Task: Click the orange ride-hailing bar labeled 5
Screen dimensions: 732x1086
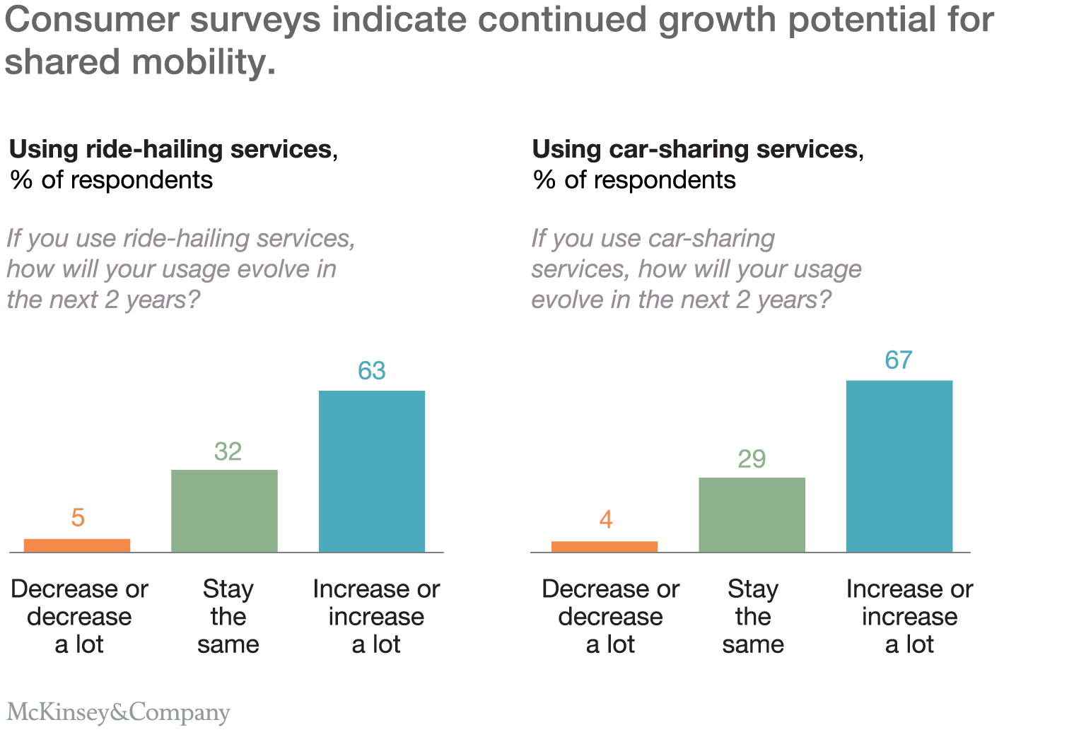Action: pyautogui.click(x=77, y=545)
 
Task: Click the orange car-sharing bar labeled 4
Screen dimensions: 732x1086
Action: pyautogui.click(x=605, y=546)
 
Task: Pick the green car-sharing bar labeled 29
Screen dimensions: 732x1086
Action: pyautogui.click(x=752, y=514)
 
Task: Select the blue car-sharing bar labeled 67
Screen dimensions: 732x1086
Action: pyautogui.click(x=899, y=466)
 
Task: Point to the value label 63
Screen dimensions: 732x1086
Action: pyautogui.click(x=372, y=371)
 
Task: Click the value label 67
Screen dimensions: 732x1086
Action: pyautogui.click(x=899, y=360)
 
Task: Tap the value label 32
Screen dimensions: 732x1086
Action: pyautogui.click(x=228, y=451)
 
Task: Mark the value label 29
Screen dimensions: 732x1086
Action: pyautogui.click(x=752, y=459)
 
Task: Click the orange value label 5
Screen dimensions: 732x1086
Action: pyautogui.click(x=78, y=518)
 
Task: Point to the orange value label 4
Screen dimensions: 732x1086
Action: pyautogui.click(x=605, y=520)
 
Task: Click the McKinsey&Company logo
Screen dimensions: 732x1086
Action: pyautogui.click(x=118, y=712)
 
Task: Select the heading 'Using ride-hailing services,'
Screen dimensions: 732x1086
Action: pyautogui.click(x=173, y=149)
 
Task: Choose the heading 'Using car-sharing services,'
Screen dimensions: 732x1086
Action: pyautogui.click(x=698, y=149)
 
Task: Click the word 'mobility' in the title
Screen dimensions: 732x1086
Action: pyautogui.click(x=204, y=62)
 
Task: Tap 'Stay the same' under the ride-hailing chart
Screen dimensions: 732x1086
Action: pyautogui.click(x=228, y=616)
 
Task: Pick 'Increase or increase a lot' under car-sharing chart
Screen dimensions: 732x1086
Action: pyautogui.click(x=909, y=616)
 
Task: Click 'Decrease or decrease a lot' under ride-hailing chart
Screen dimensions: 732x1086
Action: pyautogui.click(x=79, y=616)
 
